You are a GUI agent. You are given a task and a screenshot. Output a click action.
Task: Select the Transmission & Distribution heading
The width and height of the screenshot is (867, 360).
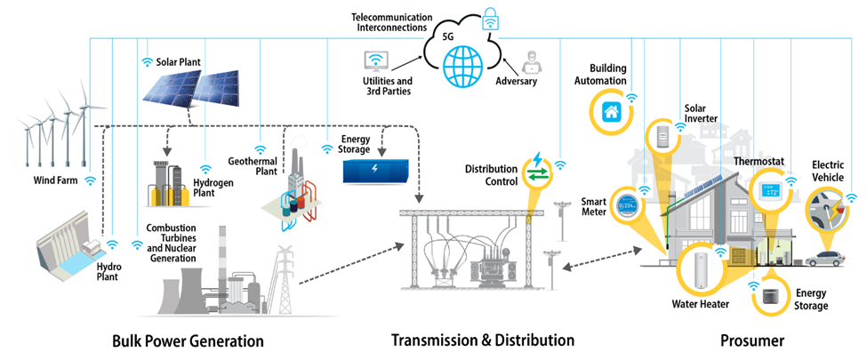[x=483, y=340]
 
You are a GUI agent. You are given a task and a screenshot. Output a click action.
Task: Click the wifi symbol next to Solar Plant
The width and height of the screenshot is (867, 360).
[x=147, y=62]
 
